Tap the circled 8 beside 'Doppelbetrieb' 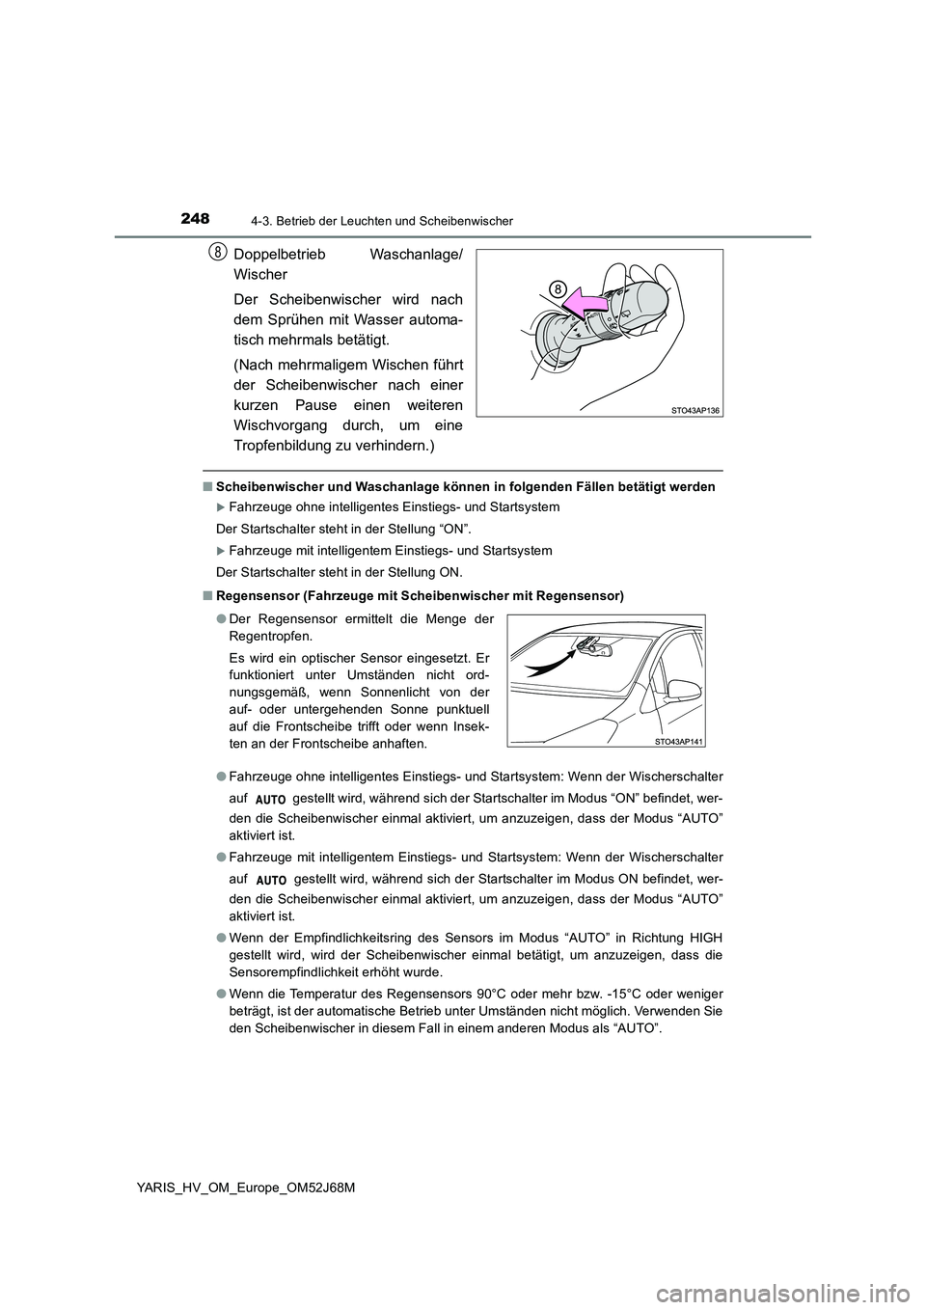click(x=219, y=254)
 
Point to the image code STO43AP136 click(x=694, y=410)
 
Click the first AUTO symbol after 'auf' click(x=273, y=801)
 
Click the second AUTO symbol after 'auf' click(x=273, y=881)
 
